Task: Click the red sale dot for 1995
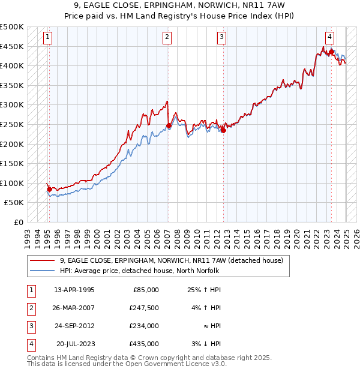coord(49,189)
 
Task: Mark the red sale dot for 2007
coord(169,126)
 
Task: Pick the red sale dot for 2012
coord(223,130)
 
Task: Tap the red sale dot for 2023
coord(331,52)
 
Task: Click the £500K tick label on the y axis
coord(12,27)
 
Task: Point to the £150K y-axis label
coord(12,163)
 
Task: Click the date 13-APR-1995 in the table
coord(74,290)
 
